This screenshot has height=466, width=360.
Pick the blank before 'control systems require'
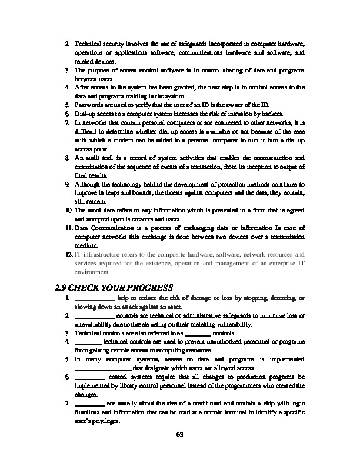coord(90,375)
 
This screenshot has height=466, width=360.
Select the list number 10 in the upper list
coord(68,209)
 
